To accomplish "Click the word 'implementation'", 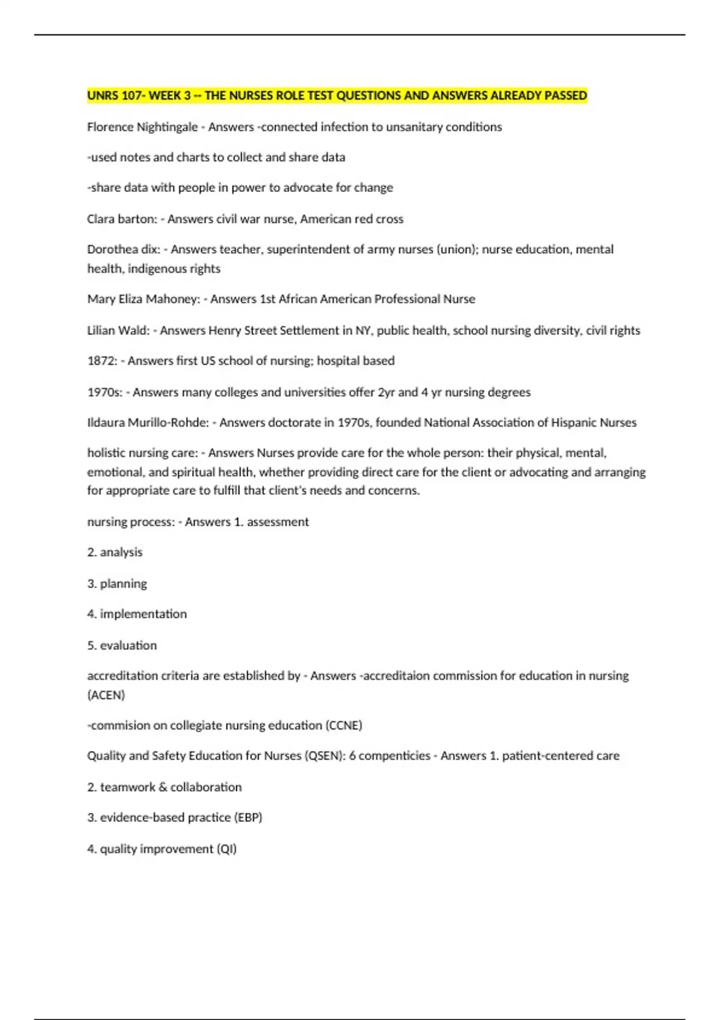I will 143,614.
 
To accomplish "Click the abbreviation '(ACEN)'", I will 106,695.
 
